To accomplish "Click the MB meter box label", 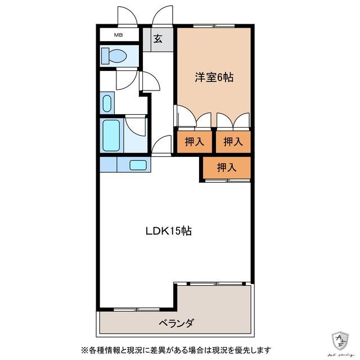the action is tap(119, 35).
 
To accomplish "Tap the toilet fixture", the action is tap(114, 56).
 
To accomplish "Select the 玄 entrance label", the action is tap(157, 39).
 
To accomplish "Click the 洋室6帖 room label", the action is tap(214, 78).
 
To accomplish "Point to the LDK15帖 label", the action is tap(169, 231).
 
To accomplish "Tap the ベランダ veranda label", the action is tap(176, 323).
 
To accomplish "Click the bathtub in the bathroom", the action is tap(111, 136).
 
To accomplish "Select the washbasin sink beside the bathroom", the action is tap(107, 103).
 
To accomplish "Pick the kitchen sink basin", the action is tap(138, 165).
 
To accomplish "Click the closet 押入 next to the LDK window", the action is tap(227, 168).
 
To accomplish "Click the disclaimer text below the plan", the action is tap(176, 350).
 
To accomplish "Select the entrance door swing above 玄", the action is tap(163, 15).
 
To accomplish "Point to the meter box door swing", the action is tap(127, 15).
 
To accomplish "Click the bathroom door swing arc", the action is tap(136, 126).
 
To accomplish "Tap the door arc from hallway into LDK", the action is tap(161, 145).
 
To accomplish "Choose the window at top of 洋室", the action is tap(214, 25).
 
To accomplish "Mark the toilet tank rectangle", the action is tap(105, 56).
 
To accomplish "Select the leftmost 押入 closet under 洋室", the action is tap(194, 142).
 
